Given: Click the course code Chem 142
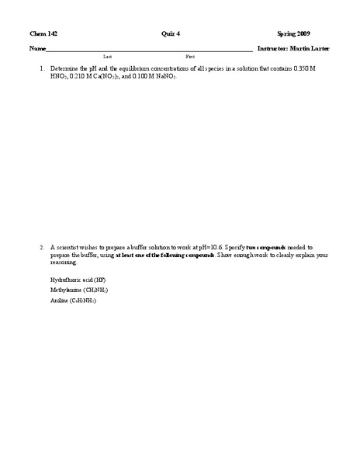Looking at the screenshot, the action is click(x=43, y=34).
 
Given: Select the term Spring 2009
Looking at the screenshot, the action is click(x=293, y=34).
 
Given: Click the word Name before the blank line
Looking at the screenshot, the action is click(x=37, y=48).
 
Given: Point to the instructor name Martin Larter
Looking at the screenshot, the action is click(x=310, y=48).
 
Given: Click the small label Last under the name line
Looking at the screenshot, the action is click(x=107, y=57).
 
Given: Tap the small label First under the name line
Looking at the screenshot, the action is click(x=190, y=57).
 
